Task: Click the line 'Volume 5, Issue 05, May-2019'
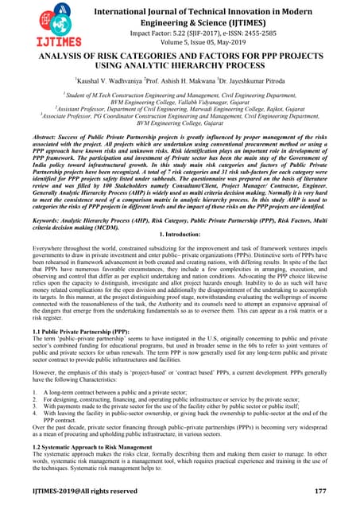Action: (204, 45)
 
